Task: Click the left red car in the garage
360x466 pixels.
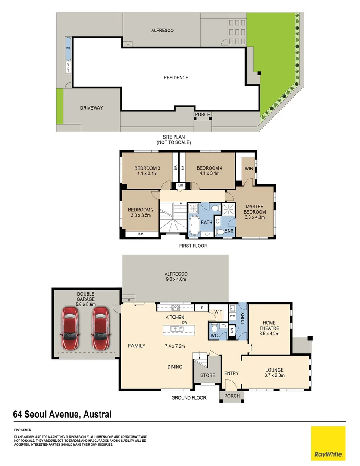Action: pos(70,328)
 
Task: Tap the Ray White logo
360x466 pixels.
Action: pos(328,443)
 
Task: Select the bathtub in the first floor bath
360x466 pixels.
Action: pos(194,225)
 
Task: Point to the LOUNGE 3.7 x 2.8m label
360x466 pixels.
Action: pos(274,372)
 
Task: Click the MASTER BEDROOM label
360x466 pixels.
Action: pos(254,212)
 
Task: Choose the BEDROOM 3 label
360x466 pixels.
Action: pos(147,171)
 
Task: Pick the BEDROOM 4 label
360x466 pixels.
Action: pos(210,171)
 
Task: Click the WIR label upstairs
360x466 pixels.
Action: pos(249,168)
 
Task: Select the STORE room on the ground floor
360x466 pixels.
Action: pos(207,375)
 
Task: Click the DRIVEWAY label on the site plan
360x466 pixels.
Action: pos(91,108)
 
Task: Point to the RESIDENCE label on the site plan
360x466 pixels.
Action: pos(176,78)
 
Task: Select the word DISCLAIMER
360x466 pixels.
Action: pos(22,430)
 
